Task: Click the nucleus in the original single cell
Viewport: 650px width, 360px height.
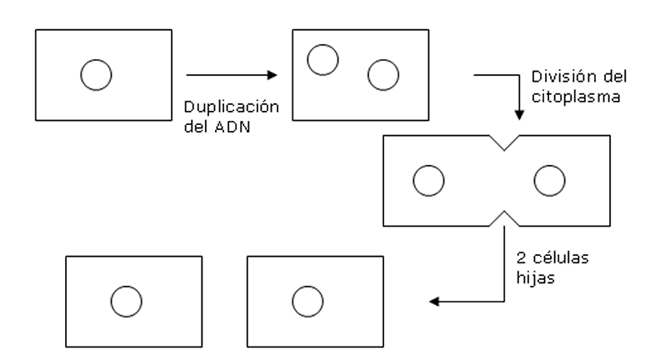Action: pos(95,74)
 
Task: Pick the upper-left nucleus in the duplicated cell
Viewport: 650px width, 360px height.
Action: pos(322,59)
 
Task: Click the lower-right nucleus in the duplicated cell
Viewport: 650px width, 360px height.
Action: pos(383,74)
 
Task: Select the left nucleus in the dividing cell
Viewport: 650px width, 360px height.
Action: pos(428,179)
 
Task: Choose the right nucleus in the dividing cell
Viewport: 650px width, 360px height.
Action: pos(549,179)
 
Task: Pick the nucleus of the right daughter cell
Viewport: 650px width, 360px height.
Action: pos(307,302)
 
